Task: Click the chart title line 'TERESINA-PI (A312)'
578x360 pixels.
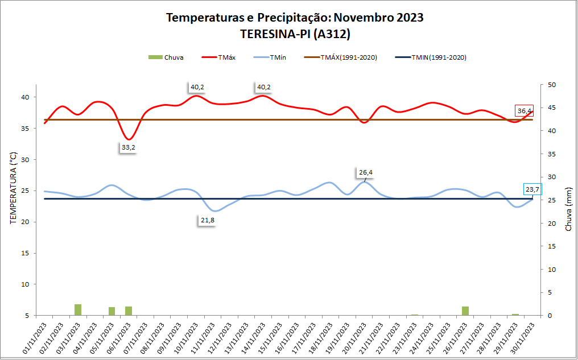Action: [x=294, y=34]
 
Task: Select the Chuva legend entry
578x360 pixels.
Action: [x=166, y=57]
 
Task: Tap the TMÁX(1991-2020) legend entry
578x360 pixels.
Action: [x=341, y=57]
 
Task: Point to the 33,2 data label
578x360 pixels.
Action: [x=129, y=148]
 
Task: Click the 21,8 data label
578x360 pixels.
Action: [x=207, y=221]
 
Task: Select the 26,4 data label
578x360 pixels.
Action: [x=366, y=172]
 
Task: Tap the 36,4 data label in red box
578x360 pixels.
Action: [x=525, y=111]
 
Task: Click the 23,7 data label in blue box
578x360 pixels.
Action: [x=532, y=189]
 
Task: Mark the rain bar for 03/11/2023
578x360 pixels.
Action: [x=78, y=309]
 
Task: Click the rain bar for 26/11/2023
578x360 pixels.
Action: [x=465, y=311]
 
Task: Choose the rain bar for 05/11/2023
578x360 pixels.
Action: [x=112, y=311]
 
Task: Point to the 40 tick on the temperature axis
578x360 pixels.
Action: [x=25, y=97]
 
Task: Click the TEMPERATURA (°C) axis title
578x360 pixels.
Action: [x=14, y=188]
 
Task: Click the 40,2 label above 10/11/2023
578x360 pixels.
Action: [x=197, y=87]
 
